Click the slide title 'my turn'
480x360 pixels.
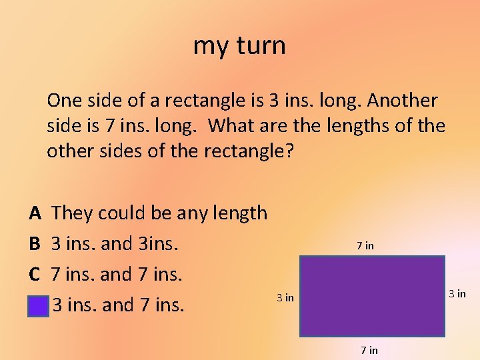point(239,45)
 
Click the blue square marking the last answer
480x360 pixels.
point(39,306)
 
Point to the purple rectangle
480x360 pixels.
point(372,296)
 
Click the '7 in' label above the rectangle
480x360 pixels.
point(365,246)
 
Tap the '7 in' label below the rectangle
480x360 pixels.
point(369,350)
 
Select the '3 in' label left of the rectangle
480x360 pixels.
point(285,298)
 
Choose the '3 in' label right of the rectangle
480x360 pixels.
point(457,294)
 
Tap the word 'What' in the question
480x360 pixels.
point(237,126)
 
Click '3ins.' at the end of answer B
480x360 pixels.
point(159,244)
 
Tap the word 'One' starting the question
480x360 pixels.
point(65,101)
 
